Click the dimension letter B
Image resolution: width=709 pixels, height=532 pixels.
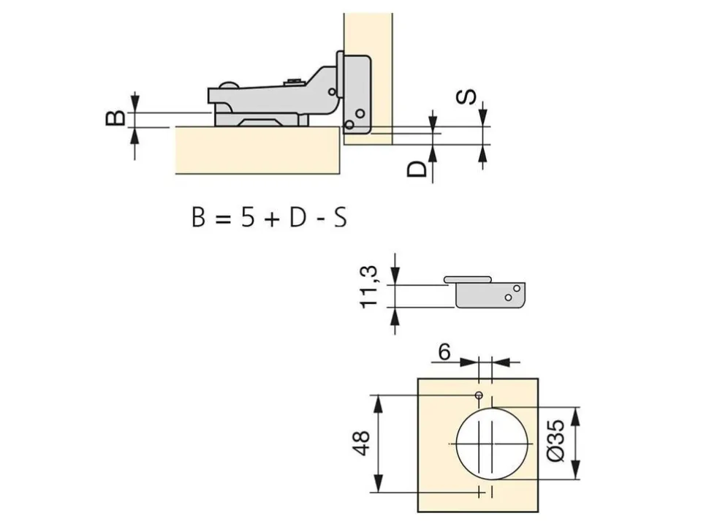coord(115,117)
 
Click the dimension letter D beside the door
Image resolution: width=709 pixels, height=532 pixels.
coord(417,169)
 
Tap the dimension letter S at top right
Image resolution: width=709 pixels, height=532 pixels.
coord(466,96)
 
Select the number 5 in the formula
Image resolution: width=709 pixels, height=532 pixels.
coord(247,217)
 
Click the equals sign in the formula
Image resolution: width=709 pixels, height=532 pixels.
coord(223,218)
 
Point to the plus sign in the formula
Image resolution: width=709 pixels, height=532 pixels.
coord(271,218)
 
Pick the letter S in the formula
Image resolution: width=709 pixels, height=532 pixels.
coord(340,217)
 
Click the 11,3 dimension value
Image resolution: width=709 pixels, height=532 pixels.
coord(368,287)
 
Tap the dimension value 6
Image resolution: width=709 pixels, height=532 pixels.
coord(444,351)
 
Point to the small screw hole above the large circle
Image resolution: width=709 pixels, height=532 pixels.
coord(479,395)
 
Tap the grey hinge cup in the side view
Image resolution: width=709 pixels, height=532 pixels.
coord(490,295)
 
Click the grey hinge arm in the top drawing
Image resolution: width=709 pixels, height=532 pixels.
coord(276,98)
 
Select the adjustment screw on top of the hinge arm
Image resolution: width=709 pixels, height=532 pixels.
coord(294,83)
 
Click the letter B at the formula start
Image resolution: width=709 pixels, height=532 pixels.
coord(199,217)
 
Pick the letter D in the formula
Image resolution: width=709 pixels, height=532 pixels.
coord(297,217)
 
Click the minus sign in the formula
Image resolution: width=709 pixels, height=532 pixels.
coord(319,219)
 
